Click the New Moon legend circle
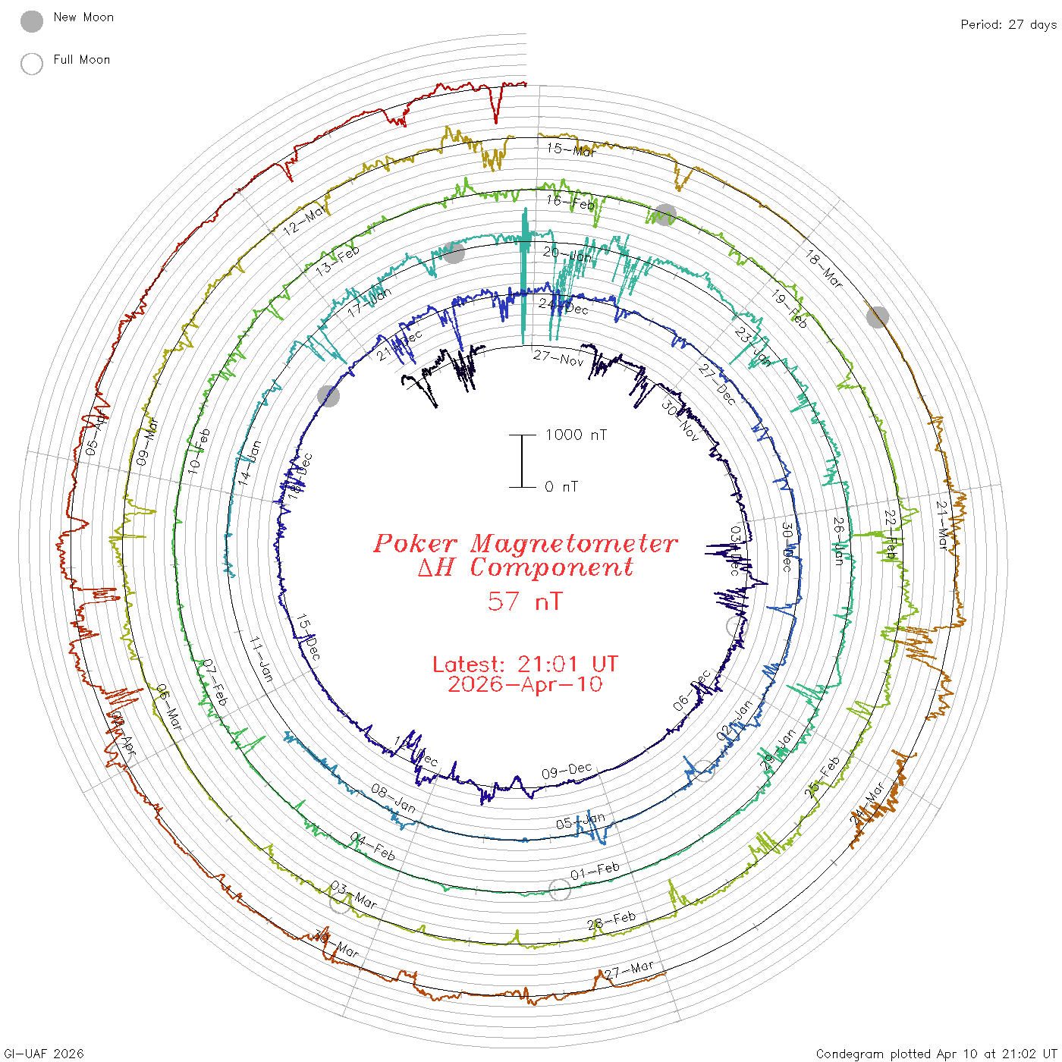[x=32, y=21]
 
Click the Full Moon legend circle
[x=32, y=64]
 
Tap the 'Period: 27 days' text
[x=1008, y=24]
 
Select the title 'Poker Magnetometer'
[x=525, y=543]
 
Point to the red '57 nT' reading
[x=525, y=602]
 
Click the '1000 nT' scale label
[x=577, y=435]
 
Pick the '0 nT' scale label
[x=561, y=487]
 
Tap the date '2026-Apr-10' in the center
[x=525, y=685]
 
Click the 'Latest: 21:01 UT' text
[x=525, y=665]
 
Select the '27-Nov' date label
[x=558, y=357]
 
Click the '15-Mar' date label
[x=571, y=149]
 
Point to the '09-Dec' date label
[x=567, y=771]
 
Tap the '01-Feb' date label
[x=595, y=871]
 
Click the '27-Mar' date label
[x=629, y=970]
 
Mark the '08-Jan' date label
[x=394, y=798]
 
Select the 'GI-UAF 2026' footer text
[x=44, y=1054]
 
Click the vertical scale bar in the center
[x=522, y=460]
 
